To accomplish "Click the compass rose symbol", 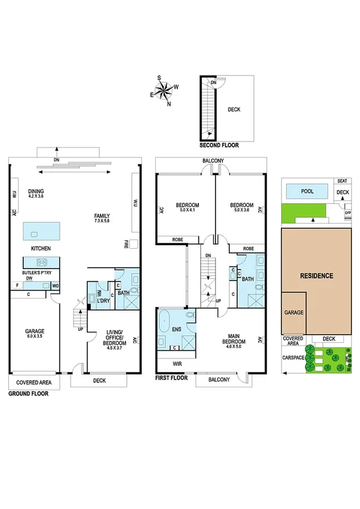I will [x=163, y=91].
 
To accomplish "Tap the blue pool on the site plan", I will [x=307, y=192].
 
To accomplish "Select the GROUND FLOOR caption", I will [x=28, y=394].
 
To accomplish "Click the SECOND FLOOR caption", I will [x=219, y=145].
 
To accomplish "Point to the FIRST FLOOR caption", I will [x=171, y=378].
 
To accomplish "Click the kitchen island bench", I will [x=42, y=230].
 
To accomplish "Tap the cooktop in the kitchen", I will [x=43, y=262].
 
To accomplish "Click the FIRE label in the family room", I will [x=127, y=243].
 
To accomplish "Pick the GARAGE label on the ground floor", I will [x=34, y=331].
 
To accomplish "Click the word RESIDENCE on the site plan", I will [x=316, y=276].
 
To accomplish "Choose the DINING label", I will [x=36, y=191].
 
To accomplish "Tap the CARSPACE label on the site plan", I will [x=293, y=359].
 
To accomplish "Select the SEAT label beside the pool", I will [x=341, y=180].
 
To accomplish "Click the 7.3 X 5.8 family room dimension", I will [x=102, y=221].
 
